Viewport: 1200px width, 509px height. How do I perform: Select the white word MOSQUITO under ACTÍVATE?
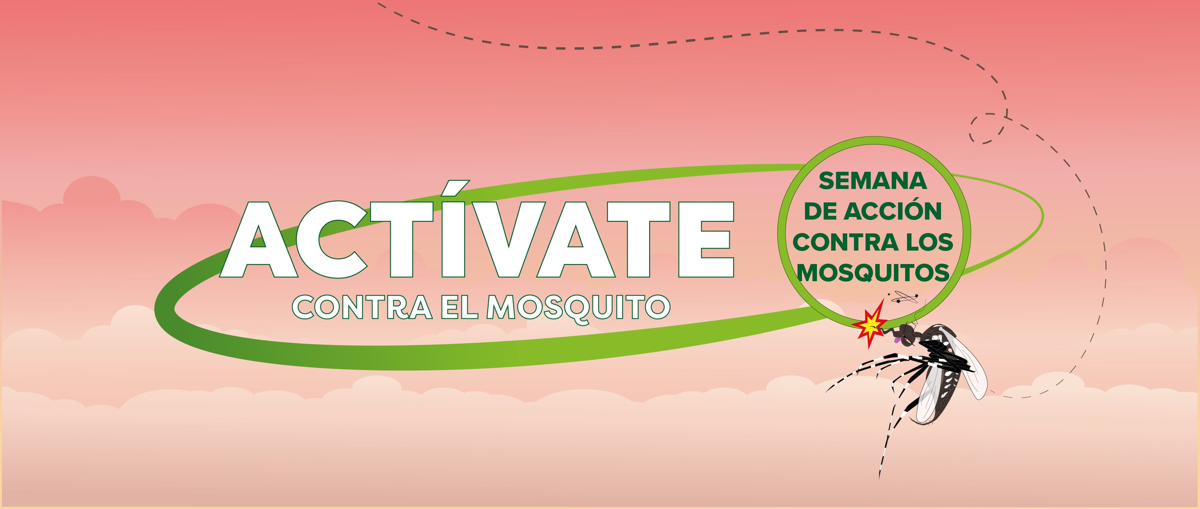coord(578,307)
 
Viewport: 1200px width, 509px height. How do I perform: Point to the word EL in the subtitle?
coord(459,307)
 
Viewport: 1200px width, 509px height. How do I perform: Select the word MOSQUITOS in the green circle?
coord(873,273)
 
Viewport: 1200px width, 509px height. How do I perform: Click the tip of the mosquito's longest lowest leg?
coord(879,479)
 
